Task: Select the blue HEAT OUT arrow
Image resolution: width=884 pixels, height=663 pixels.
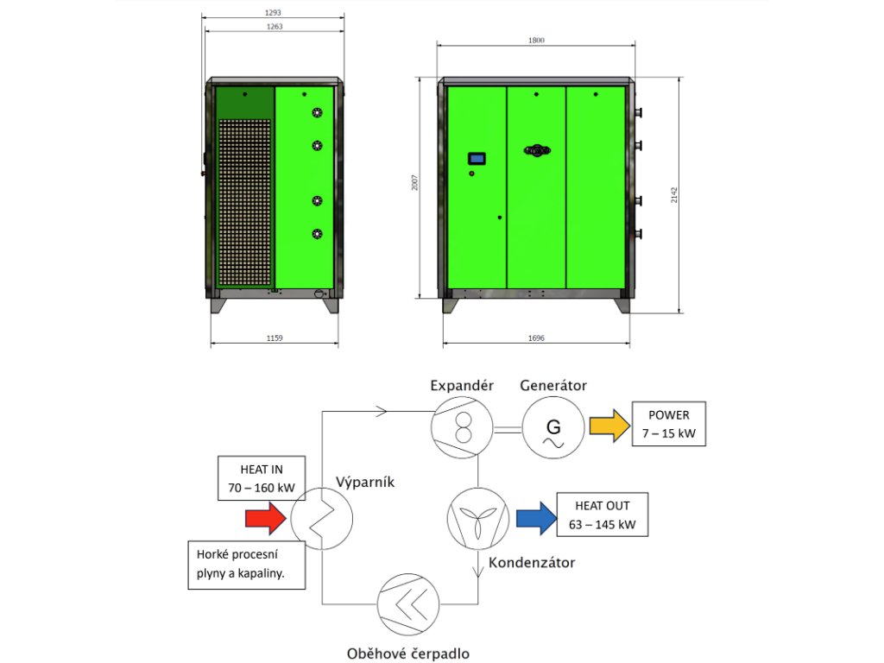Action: pos(535,518)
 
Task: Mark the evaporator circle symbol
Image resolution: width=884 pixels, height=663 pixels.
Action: pos(322,518)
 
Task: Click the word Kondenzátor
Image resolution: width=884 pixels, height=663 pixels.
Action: pos(532,563)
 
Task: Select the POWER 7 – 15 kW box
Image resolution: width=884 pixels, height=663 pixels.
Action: pos(669,423)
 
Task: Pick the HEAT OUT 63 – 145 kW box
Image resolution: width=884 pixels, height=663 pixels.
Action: pos(603,515)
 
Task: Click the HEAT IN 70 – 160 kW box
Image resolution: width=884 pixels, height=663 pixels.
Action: pos(262,478)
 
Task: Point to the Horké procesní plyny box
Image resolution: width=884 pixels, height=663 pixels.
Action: pos(246,565)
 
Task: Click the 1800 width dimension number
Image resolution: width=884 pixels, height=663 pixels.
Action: pos(535,41)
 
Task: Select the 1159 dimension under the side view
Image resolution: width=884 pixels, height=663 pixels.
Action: pos(275,338)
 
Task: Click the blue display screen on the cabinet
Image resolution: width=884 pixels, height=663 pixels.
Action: pos(477,159)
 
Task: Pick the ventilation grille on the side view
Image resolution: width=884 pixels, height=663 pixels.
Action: pos(245,203)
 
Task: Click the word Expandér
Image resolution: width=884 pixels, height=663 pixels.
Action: pos(462,385)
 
